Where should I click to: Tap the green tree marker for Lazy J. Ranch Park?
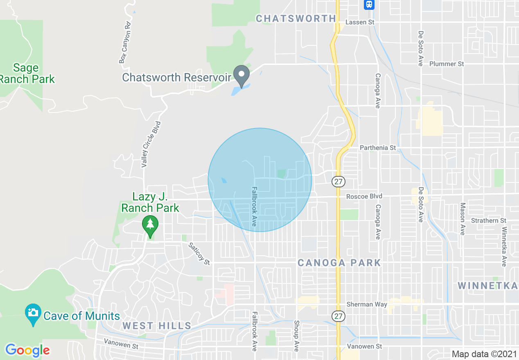[x=150, y=225]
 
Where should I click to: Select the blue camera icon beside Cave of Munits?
[x=33, y=313]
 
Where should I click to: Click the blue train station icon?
[x=369, y=4]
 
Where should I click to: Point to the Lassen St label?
[x=361, y=22]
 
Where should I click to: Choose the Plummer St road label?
[x=447, y=64]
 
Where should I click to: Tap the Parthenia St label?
[x=378, y=147]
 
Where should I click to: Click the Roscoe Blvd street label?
[x=364, y=196]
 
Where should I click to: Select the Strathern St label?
[x=488, y=220]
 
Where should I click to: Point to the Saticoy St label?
[x=199, y=253]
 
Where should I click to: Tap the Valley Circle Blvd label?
[x=151, y=144]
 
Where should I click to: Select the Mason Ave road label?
[x=463, y=218]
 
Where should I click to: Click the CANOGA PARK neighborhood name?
[x=339, y=263]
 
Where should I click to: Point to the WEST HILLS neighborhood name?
[x=157, y=326]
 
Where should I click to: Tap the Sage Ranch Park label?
[x=27, y=73]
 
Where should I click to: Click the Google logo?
[x=27, y=350]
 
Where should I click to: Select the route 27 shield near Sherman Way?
[x=339, y=316]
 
